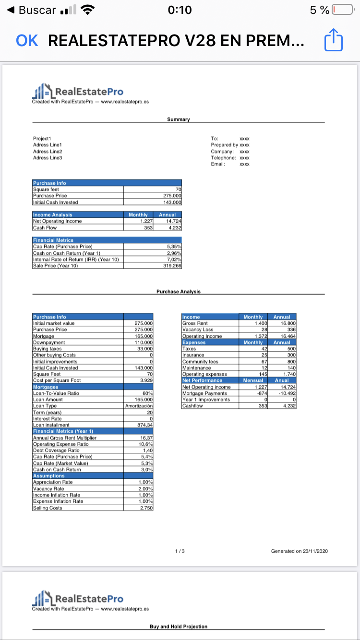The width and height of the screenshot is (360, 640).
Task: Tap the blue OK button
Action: click(x=27, y=41)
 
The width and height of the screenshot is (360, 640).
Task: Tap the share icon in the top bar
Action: click(x=334, y=41)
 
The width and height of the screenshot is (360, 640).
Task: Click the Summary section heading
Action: click(x=179, y=119)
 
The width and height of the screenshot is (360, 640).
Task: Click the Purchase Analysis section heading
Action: click(x=179, y=291)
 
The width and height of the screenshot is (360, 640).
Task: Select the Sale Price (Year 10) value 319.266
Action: click(x=172, y=265)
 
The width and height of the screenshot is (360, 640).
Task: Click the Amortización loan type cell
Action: click(x=139, y=406)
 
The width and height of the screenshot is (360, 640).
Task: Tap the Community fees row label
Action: click(x=201, y=361)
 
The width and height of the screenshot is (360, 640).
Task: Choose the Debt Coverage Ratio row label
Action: click(x=56, y=450)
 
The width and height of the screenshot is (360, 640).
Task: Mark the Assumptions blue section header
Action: click(x=48, y=475)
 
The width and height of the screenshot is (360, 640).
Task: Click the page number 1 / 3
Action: click(x=179, y=551)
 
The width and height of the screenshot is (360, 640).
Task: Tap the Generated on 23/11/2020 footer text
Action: click(x=300, y=551)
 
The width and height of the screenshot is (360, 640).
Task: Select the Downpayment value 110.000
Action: click(x=144, y=342)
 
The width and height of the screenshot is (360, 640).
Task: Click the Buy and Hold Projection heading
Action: click(x=179, y=626)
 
